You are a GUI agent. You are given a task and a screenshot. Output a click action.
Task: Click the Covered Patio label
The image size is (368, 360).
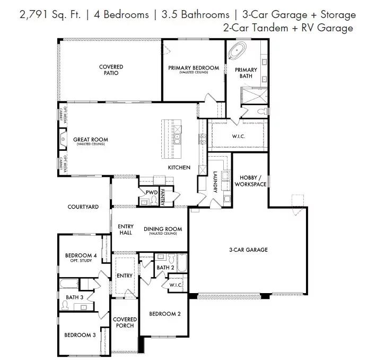[x=111, y=70]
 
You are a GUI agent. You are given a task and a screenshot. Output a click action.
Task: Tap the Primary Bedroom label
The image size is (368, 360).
[x=193, y=69]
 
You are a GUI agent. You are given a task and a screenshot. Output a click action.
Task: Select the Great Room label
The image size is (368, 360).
[x=91, y=141]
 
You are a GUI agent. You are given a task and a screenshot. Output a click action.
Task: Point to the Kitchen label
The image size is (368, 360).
[x=179, y=167]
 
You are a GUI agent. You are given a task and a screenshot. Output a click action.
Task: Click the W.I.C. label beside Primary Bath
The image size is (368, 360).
[x=239, y=136]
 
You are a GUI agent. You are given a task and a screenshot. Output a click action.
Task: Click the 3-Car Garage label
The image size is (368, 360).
[x=248, y=250]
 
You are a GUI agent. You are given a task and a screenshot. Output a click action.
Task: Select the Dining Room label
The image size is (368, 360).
[x=163, y=230]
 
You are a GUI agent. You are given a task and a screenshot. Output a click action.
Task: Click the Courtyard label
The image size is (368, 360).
[x=83, y=207]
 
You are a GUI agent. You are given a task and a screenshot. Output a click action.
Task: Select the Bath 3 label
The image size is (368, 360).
[x=74, y=297]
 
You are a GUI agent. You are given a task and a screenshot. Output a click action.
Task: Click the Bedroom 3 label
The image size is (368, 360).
[x=80, y=335]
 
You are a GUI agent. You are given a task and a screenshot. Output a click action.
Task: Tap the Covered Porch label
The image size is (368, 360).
[x=125, y=322]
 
